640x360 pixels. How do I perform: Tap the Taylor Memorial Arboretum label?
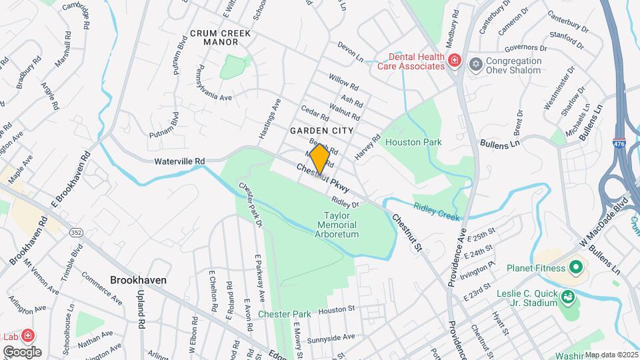(341, 225)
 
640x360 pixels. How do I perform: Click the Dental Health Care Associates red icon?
(455, 61)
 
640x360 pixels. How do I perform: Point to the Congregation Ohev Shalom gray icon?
(475, 64)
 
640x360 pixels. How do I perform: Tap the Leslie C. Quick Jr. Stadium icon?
(568, 296)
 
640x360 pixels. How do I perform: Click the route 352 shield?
(77, 232)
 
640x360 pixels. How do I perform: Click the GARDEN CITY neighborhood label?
(317, 131)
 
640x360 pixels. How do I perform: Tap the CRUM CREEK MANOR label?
(214, 37)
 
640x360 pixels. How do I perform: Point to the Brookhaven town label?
(138, 281)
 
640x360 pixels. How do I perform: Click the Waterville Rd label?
(179, 161)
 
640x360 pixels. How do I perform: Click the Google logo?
(22, 351)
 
